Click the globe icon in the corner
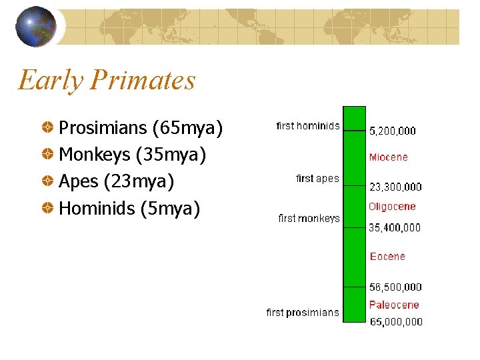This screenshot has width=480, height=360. pos(36,27)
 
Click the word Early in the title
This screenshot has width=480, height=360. pos(50,81)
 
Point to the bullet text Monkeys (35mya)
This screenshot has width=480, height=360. pos(133,155)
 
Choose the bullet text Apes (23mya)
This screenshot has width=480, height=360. pos(117,181)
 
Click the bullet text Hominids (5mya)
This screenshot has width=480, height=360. pos(129,209)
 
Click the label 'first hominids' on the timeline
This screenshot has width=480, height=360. pos(308,125)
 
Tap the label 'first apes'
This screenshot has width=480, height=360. pos(317,178)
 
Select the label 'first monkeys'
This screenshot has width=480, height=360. pos(309,218)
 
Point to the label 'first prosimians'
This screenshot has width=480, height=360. pos(303,312)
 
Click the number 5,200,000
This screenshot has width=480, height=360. pos(393,131)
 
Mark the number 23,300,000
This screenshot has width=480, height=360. pos(395,187)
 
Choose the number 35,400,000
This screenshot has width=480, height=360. pos(395,227)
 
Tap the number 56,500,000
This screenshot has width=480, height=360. pos(395,287)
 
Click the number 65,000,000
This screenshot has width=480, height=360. pos(396,321)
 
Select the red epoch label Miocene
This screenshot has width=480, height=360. pos(389,157)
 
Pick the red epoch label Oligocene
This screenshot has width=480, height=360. pos(392,207)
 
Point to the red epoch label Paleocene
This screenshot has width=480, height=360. pos(394,305)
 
